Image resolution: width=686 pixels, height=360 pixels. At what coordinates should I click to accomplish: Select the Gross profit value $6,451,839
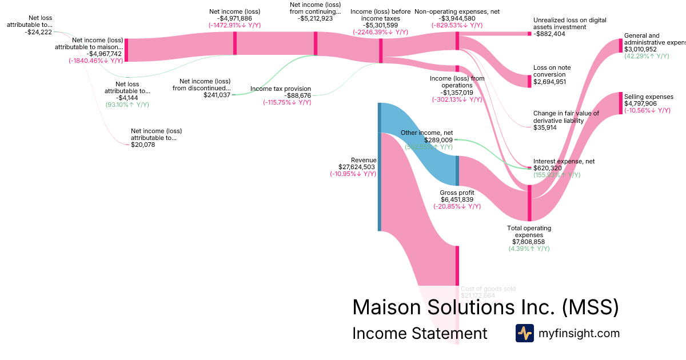(x=456, y=199)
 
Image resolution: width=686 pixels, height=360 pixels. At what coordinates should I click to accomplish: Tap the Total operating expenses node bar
(x=529, y=203)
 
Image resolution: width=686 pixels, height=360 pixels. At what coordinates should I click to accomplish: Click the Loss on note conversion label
(x=552, y=71)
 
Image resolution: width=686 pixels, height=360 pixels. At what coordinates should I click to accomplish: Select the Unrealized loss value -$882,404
(x=549, y=34)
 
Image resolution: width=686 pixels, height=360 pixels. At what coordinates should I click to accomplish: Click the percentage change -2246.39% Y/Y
(x=380, y=32)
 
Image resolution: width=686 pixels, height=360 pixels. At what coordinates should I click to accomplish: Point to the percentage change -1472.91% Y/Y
(x=235, y=25)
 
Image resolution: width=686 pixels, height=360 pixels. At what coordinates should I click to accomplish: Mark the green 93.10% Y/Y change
(x=126, y=105)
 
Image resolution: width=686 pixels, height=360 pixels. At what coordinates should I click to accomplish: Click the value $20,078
(x=143, y=145)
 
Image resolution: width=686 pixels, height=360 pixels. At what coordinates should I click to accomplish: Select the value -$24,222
(x=38, y=32)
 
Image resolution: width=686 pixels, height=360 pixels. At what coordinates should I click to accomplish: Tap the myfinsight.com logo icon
(x=524, y=333)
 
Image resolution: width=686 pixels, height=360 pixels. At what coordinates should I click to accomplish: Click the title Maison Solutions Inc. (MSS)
(x=485, y=307)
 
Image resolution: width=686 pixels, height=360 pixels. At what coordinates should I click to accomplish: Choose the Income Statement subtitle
(x=420, y=334)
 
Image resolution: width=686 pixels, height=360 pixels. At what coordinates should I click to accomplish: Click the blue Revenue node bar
(x=379, y=167)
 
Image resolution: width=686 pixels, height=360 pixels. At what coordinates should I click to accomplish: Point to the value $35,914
(x=545, y=127)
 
